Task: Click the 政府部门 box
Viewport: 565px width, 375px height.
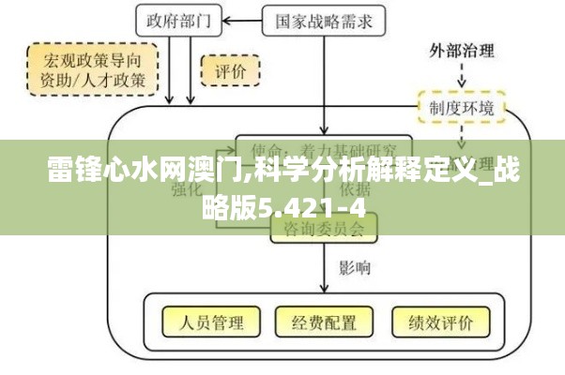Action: [x=180, y=19]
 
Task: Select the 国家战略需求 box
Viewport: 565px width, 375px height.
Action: [x=323, y=19]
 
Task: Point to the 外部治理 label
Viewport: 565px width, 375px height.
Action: [x=462, y=50]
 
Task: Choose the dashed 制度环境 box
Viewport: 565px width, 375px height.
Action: [x=462, y=107]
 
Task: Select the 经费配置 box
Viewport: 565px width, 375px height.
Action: [x=324, y=323]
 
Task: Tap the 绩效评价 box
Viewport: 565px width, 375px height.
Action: [x=440, y=323]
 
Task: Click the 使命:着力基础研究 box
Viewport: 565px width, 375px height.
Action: [x=324, y=150]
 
